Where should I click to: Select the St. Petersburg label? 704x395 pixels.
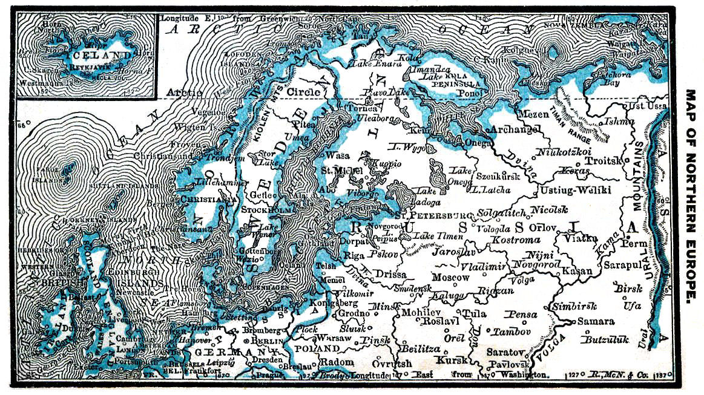[432, 215]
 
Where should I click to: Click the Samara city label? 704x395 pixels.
[595, 322]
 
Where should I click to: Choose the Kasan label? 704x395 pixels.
[576, 271]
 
